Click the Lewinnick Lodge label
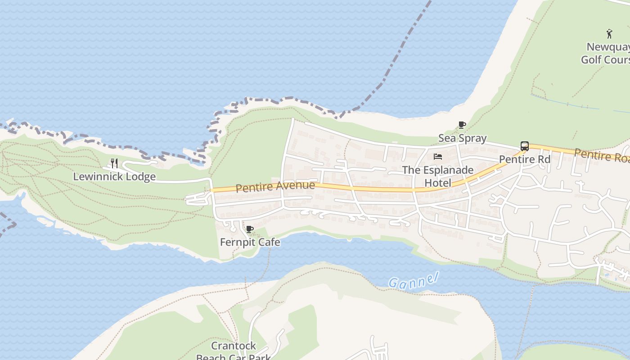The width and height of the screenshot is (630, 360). coord(114,176)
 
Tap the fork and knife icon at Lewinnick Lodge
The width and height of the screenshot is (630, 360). coord(114,163)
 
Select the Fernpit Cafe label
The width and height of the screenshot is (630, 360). coord(250,242)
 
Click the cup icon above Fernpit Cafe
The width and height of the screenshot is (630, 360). coord(250,229)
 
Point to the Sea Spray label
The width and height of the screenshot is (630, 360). coord(462,138)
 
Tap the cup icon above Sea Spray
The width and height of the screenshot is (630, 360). coord(462,125)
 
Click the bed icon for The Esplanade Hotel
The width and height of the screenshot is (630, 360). coord(438,157)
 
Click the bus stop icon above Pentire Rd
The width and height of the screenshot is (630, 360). coord(524,146)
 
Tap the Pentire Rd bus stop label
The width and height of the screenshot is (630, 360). coord(525,159)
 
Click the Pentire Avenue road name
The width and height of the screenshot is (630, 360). coord(275,186)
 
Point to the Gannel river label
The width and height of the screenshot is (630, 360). coord(413,281)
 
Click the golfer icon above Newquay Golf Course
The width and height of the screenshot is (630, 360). coord(609,33)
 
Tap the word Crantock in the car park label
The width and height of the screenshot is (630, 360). coord(234,346)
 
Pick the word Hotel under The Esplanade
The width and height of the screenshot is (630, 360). coord(438,183)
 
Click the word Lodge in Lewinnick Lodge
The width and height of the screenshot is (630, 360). coord(141,176)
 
